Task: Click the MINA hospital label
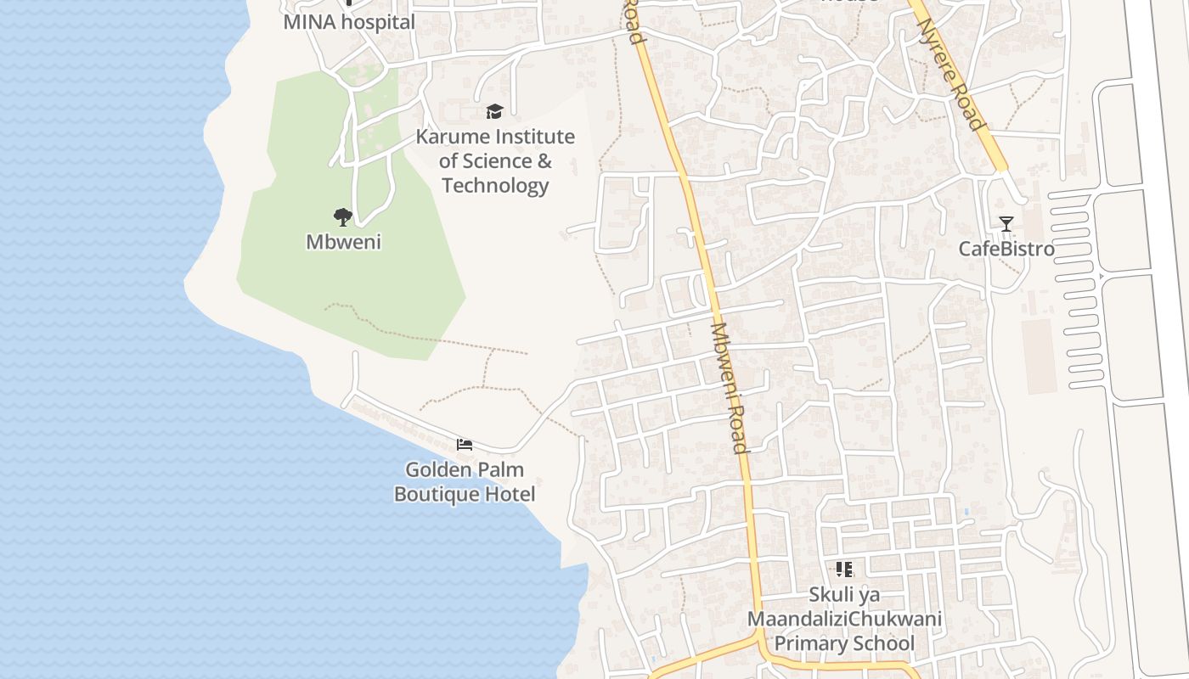(349, 22)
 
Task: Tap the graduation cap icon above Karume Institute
(494, 111)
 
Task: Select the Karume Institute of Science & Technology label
(495, 160)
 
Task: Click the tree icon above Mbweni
(343, 217)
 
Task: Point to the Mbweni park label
(343, 242)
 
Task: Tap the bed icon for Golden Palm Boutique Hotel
(464, 445)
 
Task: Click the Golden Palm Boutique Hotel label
(464, 481)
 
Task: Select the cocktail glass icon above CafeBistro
(1006, 224)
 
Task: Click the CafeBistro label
(1006, 249)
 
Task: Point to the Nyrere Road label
(952, 73)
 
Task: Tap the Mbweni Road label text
(729, 387)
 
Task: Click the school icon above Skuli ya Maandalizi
(843, 570)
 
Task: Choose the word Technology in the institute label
(495, 185)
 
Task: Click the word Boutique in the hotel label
(435, 494)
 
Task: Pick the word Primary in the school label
(808, 643)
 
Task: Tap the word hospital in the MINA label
(378, 22)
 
